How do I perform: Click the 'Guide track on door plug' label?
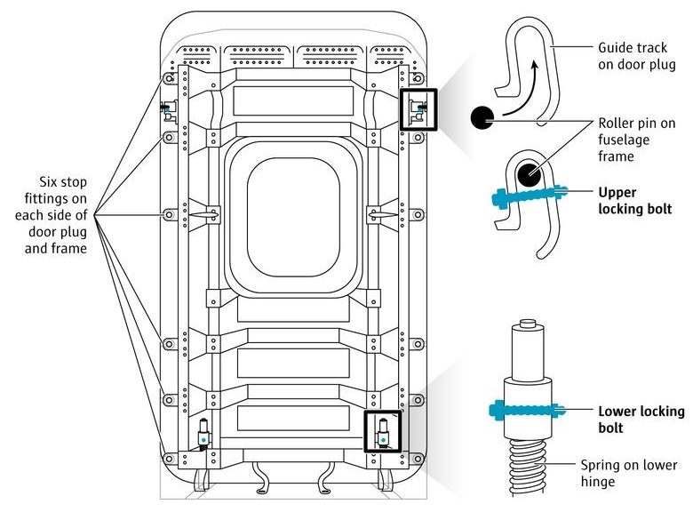[x=637, y=56]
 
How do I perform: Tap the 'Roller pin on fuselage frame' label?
[x=637, y=140]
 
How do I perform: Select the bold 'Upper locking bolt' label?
[x=635, y=200]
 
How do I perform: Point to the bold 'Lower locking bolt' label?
[x=641, y=420]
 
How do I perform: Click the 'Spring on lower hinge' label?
[x=629, y=473]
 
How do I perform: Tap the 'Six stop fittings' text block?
[x=52, y=215]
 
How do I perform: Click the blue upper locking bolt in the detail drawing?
[x=529, y=195]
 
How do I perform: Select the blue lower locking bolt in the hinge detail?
[x=527, y=411]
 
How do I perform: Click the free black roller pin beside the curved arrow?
[x=482, y=117]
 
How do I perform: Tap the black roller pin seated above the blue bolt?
[x=529, y=174]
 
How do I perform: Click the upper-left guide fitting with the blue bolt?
[x=169, y=110]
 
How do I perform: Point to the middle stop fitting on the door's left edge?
[x=169, y=215]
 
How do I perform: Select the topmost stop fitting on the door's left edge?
[x=169, y=79]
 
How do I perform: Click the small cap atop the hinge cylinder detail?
[x=527, y=323]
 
